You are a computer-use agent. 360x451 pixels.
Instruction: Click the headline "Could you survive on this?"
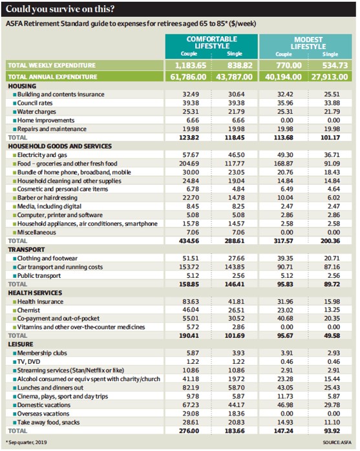click(x=60, y=9)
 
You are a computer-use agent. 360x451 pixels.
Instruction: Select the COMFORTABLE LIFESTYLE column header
click(x=212, y=43)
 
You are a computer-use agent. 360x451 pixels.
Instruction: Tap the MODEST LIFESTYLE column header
click(x=308, y=43)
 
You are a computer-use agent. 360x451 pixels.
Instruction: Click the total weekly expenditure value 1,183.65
click(x=191, y=65)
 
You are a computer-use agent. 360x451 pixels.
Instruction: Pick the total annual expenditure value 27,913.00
click(x=330, y=77)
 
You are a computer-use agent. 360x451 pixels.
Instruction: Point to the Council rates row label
click(x=35, y=103)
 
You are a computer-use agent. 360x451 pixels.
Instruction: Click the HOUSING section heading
click(x=22, y=86)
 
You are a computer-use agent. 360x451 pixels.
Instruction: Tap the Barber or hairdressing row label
click(x=47, y=198)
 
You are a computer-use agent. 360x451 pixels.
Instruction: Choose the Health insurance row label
click(x=40, y=302)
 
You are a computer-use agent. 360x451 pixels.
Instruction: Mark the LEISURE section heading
click(x=21, y=344)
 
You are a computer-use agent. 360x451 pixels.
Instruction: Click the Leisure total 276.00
click(x=189, y=431)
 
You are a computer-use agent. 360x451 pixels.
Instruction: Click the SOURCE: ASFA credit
click(x=337, y=443)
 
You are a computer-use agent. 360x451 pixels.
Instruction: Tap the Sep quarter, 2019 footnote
click(x=26, y=443)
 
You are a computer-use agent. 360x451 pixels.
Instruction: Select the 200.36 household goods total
click(x=330, y=241)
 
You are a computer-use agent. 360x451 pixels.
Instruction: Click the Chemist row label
click(x=28, y=310)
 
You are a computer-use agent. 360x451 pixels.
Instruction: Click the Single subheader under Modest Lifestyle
click(x=330, y=54)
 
